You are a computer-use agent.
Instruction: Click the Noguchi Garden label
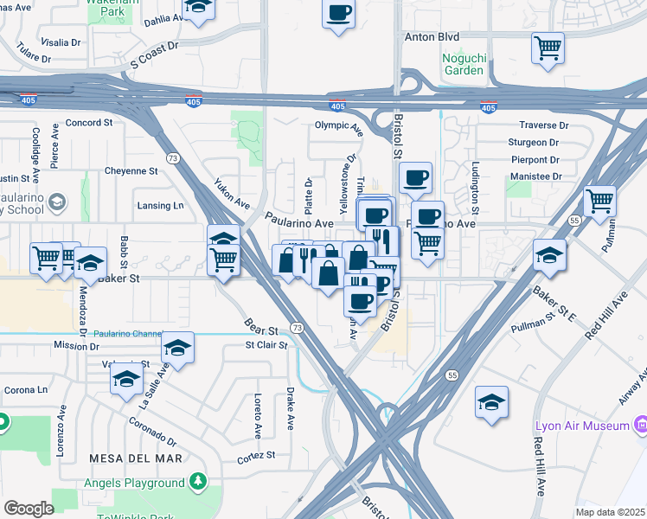click(x=464, y=63)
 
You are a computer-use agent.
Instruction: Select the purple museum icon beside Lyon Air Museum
click(x=641, y=425)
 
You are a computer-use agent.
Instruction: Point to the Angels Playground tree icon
click(x=198, y=481)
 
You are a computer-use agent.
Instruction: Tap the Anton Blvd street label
click(x=431, y=37)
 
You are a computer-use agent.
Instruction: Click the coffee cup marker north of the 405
click(x=339, y=14)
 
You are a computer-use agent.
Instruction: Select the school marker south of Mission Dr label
click(x=126, y=379)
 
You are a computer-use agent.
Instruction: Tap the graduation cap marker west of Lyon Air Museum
click(x=491, y=402)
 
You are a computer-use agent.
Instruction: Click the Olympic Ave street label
click(x=339, y=126)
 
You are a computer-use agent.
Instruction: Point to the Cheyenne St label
click(x=131, y=171)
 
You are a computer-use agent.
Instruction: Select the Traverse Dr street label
click(x=543, y=125)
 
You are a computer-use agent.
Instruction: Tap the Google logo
click(x=28, y=508)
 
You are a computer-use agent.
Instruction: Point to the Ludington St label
click(x=475, y=187)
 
